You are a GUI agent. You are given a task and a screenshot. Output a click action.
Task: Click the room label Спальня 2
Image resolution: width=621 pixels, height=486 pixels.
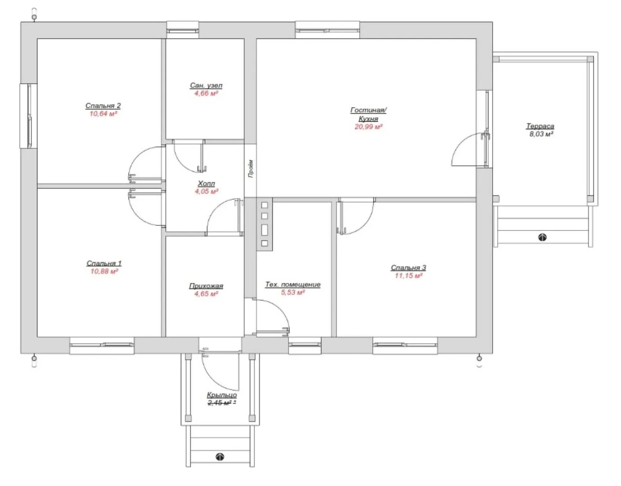(x=103, y=106)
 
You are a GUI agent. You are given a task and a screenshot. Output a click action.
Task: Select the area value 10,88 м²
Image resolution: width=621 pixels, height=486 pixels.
(x=104, y=271)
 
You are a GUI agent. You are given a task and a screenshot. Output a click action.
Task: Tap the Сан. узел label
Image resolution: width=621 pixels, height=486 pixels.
(x=206, y=85)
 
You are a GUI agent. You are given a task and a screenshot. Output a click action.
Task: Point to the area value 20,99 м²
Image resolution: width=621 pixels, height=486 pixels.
(x=369, y=126)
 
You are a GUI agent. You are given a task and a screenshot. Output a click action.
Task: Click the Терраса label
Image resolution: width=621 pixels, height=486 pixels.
(x=540, y=126)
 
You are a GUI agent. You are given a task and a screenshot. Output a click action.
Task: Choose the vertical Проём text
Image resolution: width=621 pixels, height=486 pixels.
(x=251, y=169)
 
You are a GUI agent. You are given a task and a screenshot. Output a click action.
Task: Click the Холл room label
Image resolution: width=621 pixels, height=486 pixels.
(x=206, y=184)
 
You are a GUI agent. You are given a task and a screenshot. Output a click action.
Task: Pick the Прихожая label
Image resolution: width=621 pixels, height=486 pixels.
(x=206, y=286)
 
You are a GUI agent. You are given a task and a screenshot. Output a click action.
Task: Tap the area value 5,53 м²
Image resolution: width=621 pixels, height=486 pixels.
(x=292, y=292)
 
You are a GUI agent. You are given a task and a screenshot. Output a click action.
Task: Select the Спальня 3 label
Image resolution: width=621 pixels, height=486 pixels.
(x=409, y=268)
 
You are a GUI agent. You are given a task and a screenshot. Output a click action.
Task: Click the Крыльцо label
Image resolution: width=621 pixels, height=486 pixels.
(x=222, y=395)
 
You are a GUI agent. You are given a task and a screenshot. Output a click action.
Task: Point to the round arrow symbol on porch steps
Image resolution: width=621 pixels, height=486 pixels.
(x=220, y=457)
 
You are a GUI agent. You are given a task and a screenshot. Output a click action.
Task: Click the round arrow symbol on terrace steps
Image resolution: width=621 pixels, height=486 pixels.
(x=542, y=237)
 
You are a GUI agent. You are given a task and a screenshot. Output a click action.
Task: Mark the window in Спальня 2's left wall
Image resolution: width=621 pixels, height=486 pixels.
(x=29, y=116)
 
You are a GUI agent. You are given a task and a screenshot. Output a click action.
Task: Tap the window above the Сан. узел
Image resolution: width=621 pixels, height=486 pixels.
(x=183, y=30)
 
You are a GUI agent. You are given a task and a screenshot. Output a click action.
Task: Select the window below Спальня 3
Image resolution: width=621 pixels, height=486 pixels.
(x=405, y=345)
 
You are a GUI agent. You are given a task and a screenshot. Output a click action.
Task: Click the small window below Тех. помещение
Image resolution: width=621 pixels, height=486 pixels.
(x=305, y=345)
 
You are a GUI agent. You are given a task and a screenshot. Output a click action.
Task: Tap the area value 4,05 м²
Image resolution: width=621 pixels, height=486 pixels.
(x=207, y=191)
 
